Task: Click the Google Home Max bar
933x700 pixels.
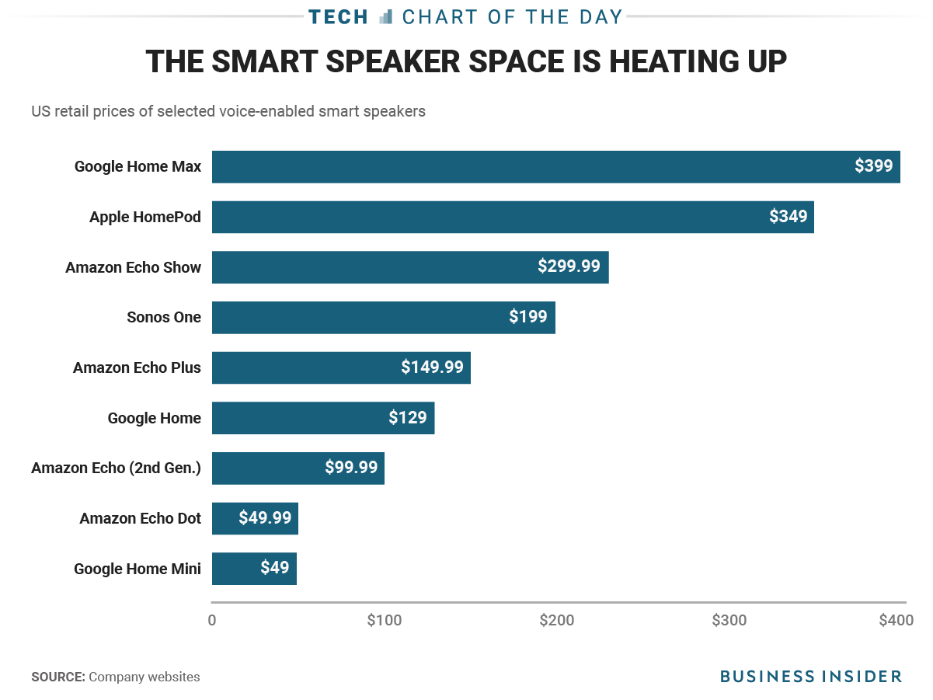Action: [x=556, y=166]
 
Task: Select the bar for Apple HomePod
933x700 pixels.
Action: [x=513, y=217]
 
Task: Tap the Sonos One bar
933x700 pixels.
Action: [x=384, y=318]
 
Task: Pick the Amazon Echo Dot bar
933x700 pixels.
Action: [x=255, y=518]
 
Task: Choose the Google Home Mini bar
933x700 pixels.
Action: [x=254, y=568]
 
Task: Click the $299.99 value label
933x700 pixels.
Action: [x=569, y=266]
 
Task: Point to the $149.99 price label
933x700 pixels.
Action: [x=432, y=367]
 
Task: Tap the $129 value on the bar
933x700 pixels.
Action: [x=408, y=417]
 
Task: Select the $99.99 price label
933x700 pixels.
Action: [x=351, y=467]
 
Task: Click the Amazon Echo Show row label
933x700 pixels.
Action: [x=133, y=267]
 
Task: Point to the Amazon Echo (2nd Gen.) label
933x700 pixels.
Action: [x=116, y=468]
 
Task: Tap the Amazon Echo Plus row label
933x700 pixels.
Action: [x=137, y=367]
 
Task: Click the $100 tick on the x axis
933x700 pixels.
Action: [x=385, y=620]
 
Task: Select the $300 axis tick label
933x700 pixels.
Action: [x=729, y=620]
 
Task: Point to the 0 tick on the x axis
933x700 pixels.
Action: [x=211, y=621]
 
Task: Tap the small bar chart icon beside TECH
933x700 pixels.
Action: [x=385, y=17]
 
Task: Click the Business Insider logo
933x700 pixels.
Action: [x=811, y=676]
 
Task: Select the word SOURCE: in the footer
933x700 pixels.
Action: [x=58, y=677]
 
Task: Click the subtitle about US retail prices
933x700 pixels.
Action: [x=228, y=111]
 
